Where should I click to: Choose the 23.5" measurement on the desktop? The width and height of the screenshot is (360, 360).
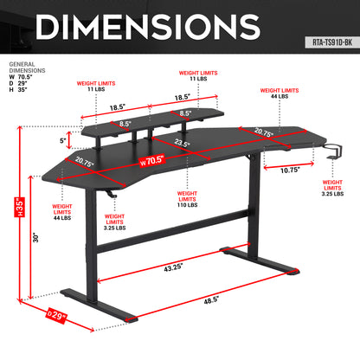pyautogui.click(x=182, y=144)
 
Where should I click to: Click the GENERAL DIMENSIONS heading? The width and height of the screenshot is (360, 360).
pyautogui.click(x=23, y=68)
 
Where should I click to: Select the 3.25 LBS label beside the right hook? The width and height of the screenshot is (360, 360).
pyautogui.click(x=333, y=194)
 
